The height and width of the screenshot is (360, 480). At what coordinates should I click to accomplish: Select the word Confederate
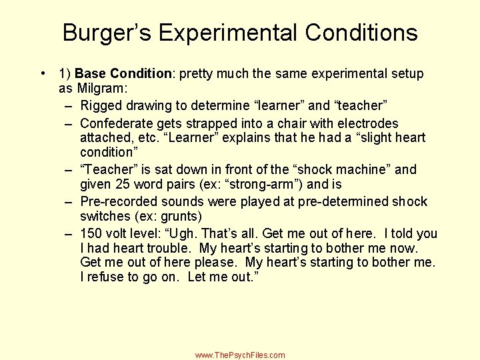[117, 123]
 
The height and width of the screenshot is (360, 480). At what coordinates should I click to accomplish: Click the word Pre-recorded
[119, 201]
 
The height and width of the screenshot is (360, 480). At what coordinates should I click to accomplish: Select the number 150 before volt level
[91, 233]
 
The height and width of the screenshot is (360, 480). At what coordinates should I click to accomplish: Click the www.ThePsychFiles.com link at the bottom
[240, 355]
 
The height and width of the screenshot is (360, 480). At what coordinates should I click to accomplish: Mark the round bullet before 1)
[42, 73]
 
